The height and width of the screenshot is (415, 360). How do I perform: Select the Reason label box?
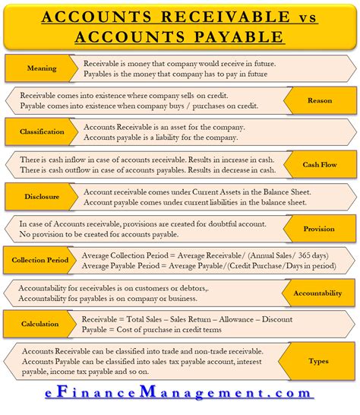coord(319,100)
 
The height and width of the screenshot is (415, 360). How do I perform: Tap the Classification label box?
coord(42,131)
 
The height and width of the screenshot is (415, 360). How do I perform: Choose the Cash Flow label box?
coord(320,164)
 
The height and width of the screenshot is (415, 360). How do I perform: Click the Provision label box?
coord(319,228)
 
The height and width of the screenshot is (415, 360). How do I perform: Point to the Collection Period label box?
coord(39,260)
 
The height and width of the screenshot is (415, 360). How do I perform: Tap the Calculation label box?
coord(40,325)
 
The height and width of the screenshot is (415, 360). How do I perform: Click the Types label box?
coord(319,362)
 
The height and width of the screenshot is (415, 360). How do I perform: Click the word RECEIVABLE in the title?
coord(201,17)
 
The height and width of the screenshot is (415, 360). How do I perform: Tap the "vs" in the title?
coord(280,17)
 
